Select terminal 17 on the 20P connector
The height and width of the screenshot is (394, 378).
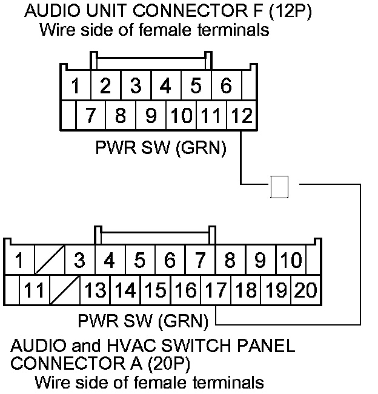216,291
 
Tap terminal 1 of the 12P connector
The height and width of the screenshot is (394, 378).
75,87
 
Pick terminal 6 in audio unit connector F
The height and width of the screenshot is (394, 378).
225,87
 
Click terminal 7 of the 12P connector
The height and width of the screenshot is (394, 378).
91,116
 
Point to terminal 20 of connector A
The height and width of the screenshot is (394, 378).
306,291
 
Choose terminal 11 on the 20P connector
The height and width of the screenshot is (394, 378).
34,291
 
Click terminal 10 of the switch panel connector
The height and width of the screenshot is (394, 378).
291,261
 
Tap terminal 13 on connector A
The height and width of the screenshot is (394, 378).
95,291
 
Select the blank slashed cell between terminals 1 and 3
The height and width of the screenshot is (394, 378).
49,261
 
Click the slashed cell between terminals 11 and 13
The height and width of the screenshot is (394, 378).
64,291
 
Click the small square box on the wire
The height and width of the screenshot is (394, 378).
279,187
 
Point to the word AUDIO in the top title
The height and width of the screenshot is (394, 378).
46,12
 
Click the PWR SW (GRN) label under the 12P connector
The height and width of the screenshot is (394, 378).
160,149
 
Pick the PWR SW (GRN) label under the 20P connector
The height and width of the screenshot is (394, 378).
143,319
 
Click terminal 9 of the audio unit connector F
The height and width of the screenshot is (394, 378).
151,116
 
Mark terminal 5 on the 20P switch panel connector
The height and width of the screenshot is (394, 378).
140,261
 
